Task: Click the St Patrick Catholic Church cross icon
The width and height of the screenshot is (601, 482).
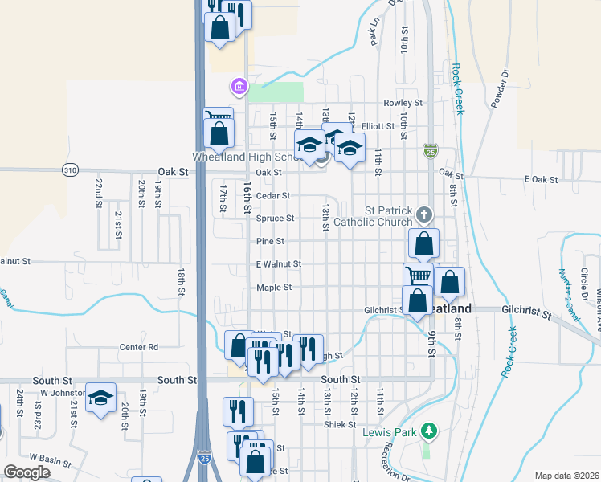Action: pos(425,214)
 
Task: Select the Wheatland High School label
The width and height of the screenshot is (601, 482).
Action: pos(246,157)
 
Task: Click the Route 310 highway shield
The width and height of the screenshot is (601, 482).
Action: pos(70,170)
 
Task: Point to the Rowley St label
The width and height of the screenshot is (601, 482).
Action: pos(403,103)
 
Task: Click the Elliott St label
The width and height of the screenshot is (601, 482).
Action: pos(378,126)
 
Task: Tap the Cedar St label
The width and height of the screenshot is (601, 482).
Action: pos(272,195)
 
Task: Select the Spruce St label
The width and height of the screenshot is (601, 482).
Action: pos(276,219)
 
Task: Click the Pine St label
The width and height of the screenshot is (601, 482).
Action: pos(270,241)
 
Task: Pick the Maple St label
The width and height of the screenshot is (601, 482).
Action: pos(273,288)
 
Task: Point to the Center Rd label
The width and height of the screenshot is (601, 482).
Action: pos(139,347)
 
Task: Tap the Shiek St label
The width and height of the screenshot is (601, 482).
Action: pos(340,424)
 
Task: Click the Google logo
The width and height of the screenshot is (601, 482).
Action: pos(27,472)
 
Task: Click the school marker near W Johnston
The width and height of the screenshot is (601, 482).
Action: pos(101,398)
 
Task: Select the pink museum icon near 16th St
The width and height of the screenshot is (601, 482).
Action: pos(239,85)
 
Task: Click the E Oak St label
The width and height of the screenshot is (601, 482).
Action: pos(540,179)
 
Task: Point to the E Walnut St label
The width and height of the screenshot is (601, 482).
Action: pos(279,264)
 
